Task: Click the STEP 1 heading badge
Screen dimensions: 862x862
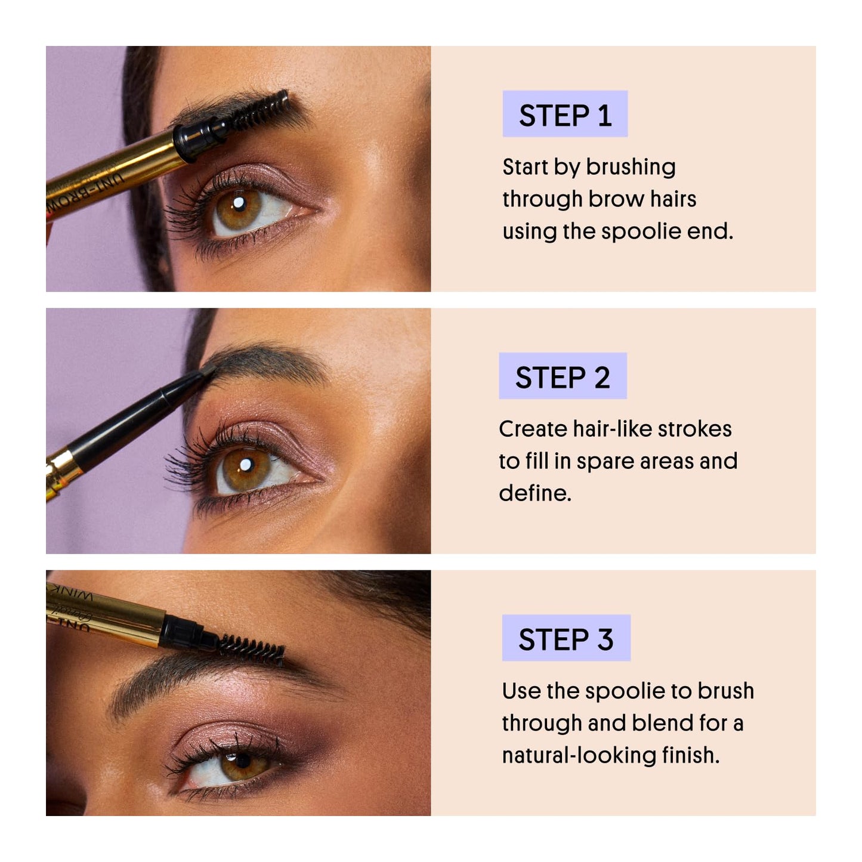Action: tap(564, 115)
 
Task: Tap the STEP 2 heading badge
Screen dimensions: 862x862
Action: tap(563, 376)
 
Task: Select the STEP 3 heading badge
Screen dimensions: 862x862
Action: tap(566, 638)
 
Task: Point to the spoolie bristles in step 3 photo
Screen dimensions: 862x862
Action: tap(252, 649)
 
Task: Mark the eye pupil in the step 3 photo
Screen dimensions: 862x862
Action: tap(242, 761)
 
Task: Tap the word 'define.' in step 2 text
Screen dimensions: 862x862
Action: tap(534, 493)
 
